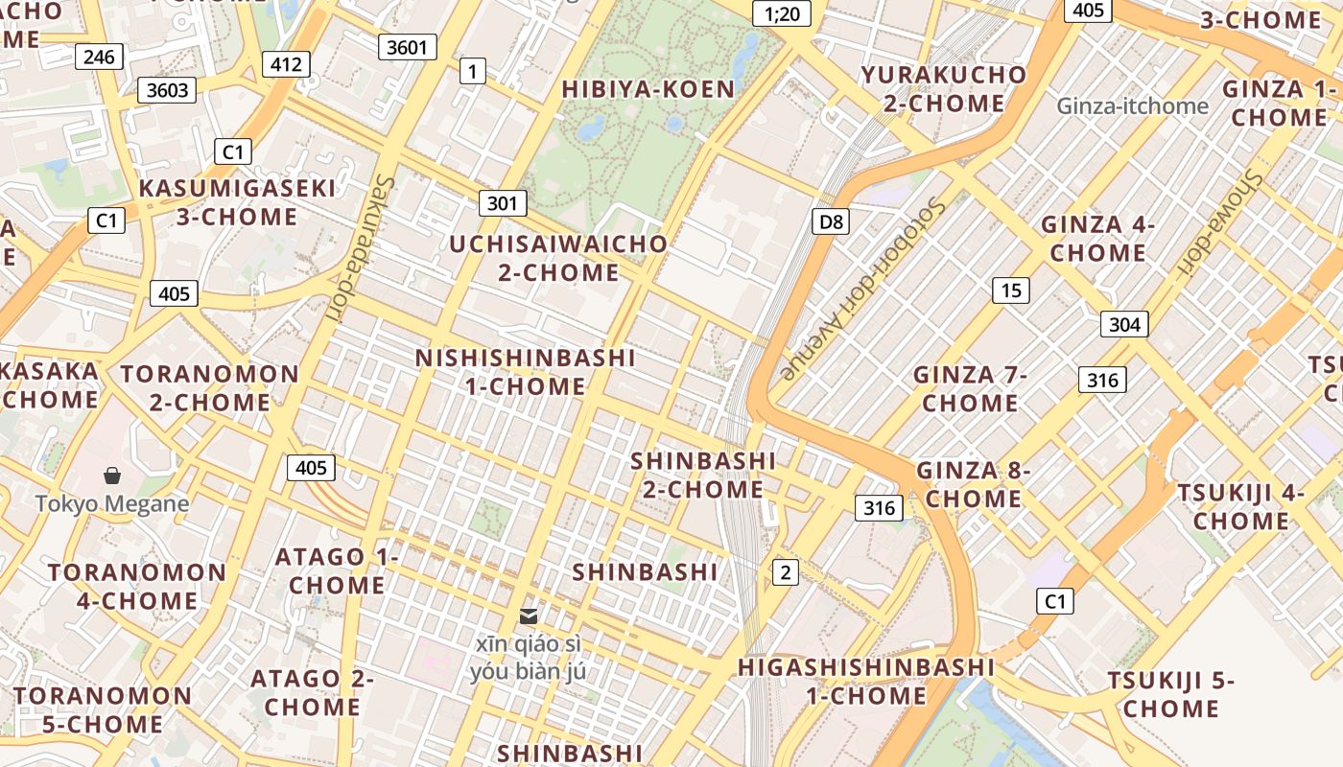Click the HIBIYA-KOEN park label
648,89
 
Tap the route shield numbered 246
99,58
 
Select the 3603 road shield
167,91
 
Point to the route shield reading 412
286,65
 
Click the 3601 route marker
408,47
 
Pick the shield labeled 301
502,203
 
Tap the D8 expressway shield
831,222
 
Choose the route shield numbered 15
1010,291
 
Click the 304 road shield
1123,324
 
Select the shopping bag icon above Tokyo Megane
112,476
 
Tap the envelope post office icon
528,616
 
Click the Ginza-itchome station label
1132,105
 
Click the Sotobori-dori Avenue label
864,288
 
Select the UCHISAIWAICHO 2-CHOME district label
558,258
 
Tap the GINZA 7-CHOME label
970,388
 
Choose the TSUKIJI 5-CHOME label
1171,695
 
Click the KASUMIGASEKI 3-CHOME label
237,202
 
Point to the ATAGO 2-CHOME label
312,693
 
